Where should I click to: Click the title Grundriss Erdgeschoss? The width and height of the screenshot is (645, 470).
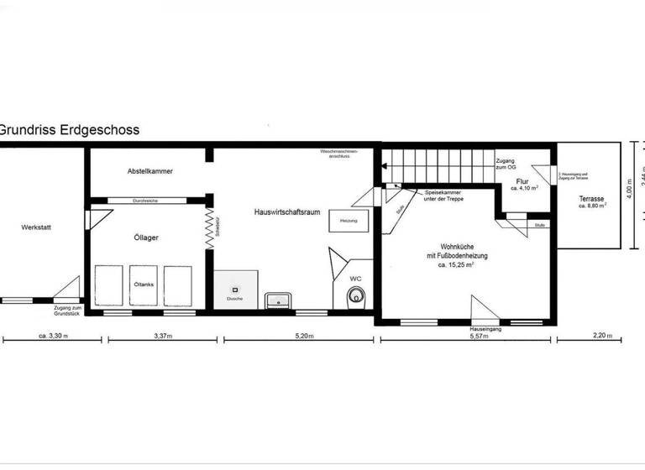pyautogui.click(x=69, y=130)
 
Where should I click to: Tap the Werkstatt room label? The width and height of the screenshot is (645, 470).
pyautogui.click(x=37, y=227)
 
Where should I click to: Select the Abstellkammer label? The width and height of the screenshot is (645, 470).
pyautogui.click(x=149, y=171)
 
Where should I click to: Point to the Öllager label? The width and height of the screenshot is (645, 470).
pyautogui.click(x=146, y=238)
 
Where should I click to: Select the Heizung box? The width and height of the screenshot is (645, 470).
pyautogui.click(x=348, y=221)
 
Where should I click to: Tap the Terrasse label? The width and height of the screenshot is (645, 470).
pyautogui.click(x=591, y=200)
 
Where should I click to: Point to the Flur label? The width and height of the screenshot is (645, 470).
pyautogui.click(x=522, y=182)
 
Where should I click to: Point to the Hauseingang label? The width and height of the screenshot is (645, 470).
pyautogui.click(x=486, y=330)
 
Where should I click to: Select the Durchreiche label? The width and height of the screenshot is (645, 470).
pyautogui.click(x=146, y=201)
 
